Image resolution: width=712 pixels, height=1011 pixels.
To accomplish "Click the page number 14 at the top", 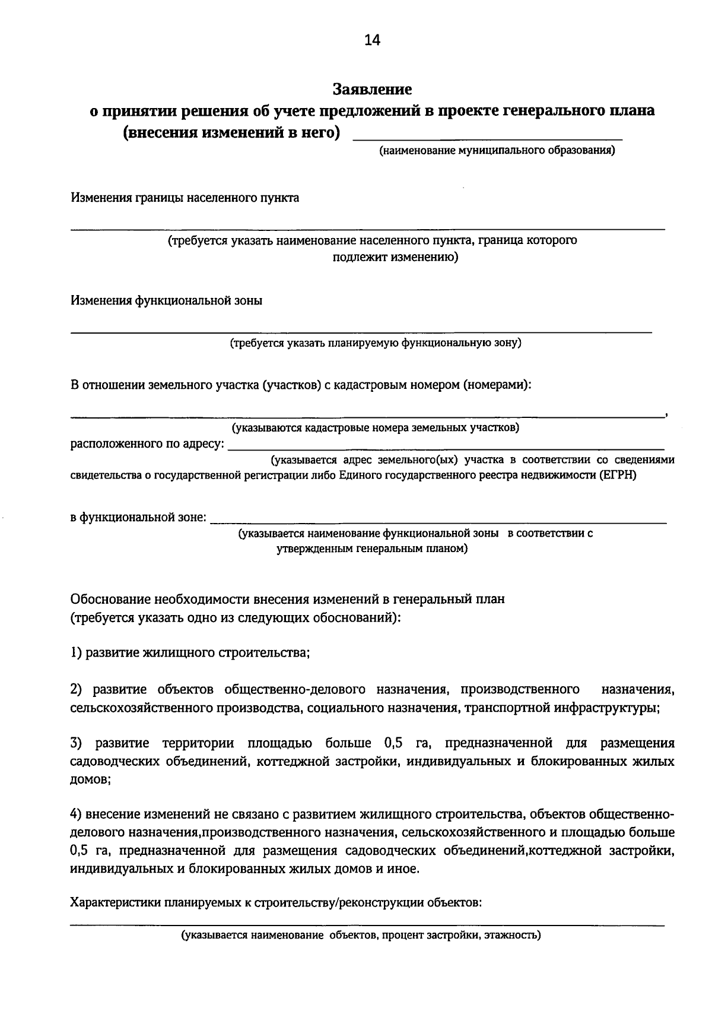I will pyautogui.click(x=372, y=40).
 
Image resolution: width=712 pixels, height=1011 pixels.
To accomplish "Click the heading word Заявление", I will pyautogui.click(x=372, y=89).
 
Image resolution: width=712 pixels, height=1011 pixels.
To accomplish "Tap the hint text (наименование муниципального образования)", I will pyautogui.click(x=497, y=150).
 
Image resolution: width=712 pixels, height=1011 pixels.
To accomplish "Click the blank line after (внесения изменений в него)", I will pyautogui.click(x=487, y=137).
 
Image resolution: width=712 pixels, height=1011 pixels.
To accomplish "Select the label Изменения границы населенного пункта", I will pyautogui.click(x=185, y=198).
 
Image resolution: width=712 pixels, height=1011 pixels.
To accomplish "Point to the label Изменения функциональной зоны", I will pyautogui.click(x=166, y=300).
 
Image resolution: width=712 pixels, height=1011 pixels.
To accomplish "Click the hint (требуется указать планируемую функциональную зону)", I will pyautogui.click(x=376, y=343).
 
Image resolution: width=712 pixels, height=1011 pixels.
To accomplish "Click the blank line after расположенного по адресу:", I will pyautogui.click(x=446, y=447).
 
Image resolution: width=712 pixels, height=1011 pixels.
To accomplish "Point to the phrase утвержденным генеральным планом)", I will pyautogui.click(x=372, y=549).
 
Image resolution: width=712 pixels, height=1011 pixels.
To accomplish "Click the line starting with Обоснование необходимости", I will pyautogui.click(x=287, y=598).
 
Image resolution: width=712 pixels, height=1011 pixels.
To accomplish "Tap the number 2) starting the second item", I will pyautogui.click(x=75, y=689).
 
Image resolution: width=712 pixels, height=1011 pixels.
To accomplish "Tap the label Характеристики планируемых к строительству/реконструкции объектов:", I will pyautogui.click(x=275, y=903).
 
